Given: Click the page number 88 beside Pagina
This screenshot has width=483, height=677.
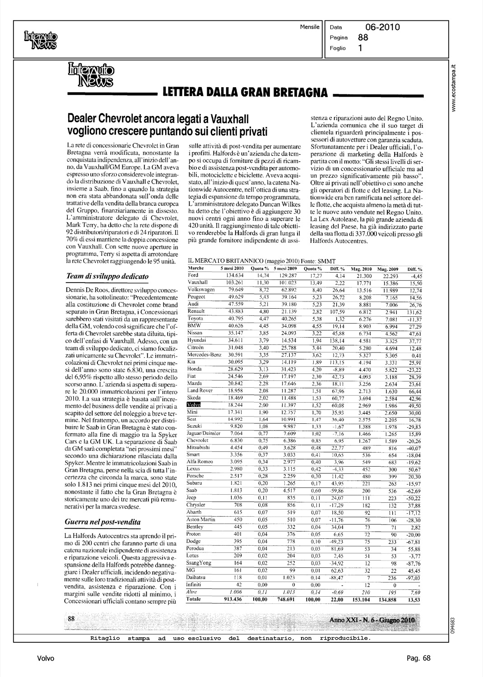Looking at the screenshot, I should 363,38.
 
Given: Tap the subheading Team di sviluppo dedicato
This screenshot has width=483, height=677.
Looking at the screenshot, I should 107,276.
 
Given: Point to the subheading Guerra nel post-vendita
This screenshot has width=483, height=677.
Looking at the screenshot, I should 103,522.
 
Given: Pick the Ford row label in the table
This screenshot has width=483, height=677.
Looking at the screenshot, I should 193,275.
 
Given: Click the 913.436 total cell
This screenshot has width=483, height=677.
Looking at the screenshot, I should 232,599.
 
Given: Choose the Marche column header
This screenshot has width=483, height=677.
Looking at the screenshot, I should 196,269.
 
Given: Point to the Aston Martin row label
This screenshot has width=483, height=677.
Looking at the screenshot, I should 201,520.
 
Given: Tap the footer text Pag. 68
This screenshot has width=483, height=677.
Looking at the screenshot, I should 420,658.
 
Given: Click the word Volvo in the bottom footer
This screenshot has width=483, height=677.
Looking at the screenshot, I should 46,658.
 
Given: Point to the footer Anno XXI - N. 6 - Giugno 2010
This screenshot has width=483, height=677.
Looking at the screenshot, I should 372,620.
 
